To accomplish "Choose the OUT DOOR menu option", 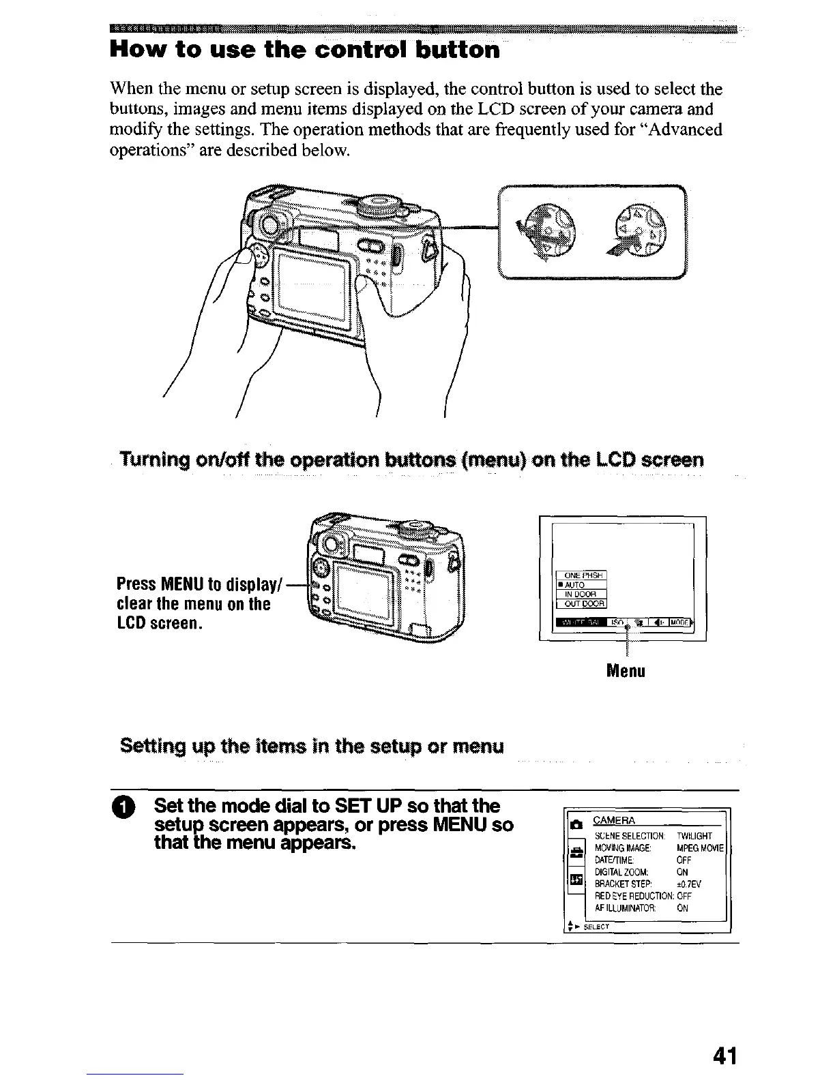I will pyautogui.click(x=581, y=603).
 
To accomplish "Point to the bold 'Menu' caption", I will pyautogui.click(x=626, y=671).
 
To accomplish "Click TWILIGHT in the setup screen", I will pyautogui.click(x=694, y=836).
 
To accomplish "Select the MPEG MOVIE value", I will pyautogui.click(x=701, y=848).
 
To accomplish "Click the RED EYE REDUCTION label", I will pyautogui.click(x=634, y=896).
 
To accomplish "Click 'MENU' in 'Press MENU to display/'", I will pyautogui.click(x=182, y=585).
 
